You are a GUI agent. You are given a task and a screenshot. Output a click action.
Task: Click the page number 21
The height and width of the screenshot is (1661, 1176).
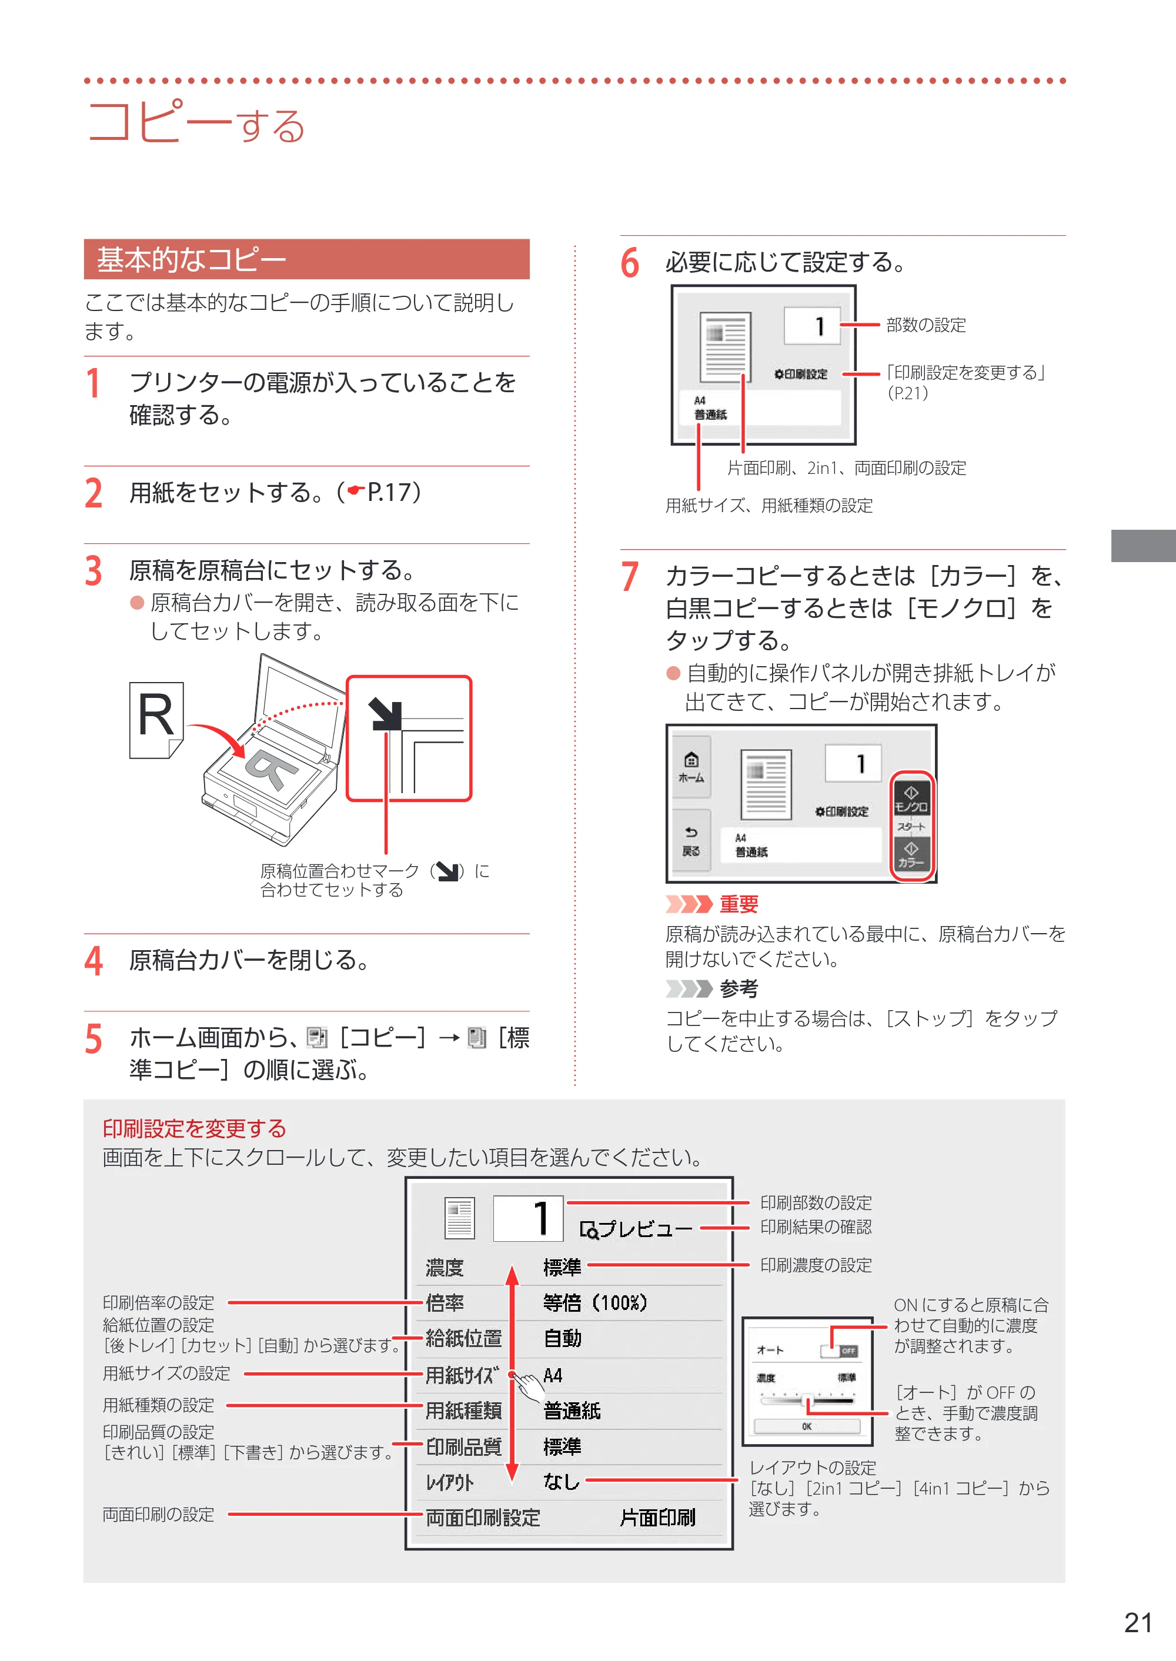(x=1138, y=1623)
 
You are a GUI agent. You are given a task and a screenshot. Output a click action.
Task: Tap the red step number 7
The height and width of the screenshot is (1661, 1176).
(x=630, y=577)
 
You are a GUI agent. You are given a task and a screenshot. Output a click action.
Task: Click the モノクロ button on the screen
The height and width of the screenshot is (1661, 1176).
(x=911, y=800)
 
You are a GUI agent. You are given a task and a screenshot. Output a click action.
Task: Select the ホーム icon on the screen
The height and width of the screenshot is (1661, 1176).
(x=691, y=767)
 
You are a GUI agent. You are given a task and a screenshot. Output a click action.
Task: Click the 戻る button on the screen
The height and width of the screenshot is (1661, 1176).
(x=691, y=842)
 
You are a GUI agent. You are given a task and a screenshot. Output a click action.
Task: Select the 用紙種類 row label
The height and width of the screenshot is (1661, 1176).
(x=463, y=1411)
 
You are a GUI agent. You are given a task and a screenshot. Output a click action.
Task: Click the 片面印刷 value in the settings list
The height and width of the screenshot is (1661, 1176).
(x=657, y=1518)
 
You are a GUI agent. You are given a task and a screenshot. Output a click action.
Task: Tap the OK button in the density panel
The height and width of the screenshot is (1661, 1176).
(x=807, y=1426)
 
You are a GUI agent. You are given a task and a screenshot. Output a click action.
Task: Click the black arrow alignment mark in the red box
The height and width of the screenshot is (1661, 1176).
(x=385, y=714)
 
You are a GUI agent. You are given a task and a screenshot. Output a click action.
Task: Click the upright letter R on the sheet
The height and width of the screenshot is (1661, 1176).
(x=156, y=716)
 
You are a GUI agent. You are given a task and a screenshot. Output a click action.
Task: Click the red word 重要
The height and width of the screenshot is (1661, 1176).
(x=739, y=904)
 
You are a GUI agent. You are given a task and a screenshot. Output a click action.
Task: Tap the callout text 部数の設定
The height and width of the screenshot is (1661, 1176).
(x=926, y=325)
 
